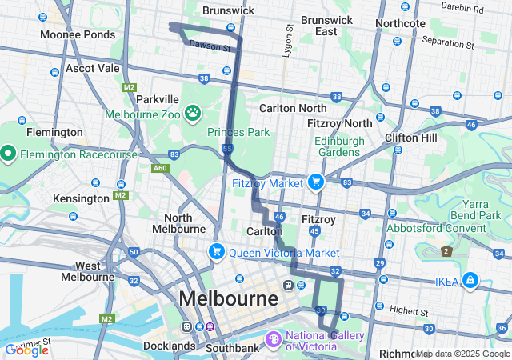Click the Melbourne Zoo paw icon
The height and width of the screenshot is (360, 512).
point(193,113)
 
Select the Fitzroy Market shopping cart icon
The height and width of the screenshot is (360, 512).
point(316,182)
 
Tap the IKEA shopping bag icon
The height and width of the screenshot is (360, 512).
point(470,280)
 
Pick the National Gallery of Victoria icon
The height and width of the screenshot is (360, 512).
point(274,341)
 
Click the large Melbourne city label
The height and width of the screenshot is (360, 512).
point(229,299)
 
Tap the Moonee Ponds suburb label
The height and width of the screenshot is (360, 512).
point(77,36)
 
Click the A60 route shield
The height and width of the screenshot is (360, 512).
point(159,168)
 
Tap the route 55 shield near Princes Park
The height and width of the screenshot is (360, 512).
point(228,149)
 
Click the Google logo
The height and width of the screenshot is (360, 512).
point(26,350)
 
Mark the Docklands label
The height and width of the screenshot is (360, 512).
point(168,346)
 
